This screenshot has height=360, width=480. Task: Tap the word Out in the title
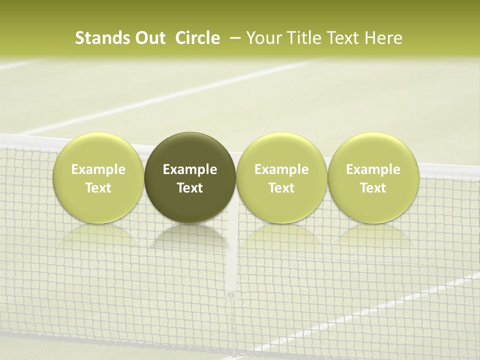(x=149, y=38)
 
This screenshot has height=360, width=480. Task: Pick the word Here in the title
(x=383, y=38)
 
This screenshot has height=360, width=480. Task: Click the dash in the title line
(x=233, y=38)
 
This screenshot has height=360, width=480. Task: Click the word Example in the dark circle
(x=190, y=169)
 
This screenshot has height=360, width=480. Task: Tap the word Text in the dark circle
(x=190, y=188)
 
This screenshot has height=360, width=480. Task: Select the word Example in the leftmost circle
(x=98, y=169)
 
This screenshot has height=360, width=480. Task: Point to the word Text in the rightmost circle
(x=373, y=188)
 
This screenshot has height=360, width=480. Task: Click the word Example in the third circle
(x=281, y=169)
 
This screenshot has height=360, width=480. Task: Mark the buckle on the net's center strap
(x=230, y=295)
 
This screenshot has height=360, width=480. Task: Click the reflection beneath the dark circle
(x=190, y=237)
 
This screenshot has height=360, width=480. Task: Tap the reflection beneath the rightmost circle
(x=373, y=237)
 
